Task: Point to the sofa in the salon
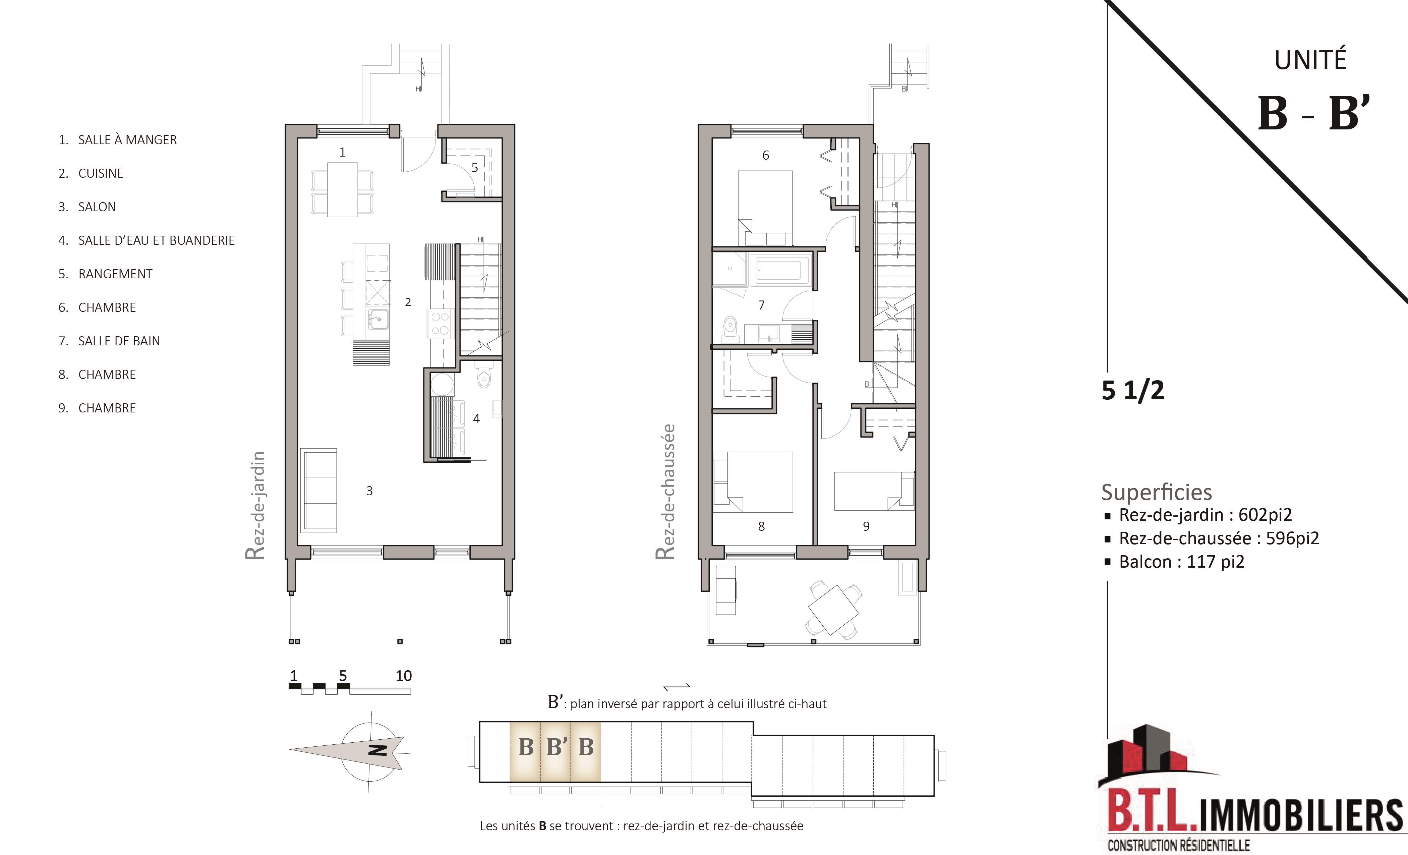(319, 490)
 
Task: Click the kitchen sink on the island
(378, 319)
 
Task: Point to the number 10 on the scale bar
(403, 676)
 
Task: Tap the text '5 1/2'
(1132, 390)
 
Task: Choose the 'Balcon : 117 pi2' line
(1181, 562)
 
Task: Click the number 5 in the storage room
(474, 167)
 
